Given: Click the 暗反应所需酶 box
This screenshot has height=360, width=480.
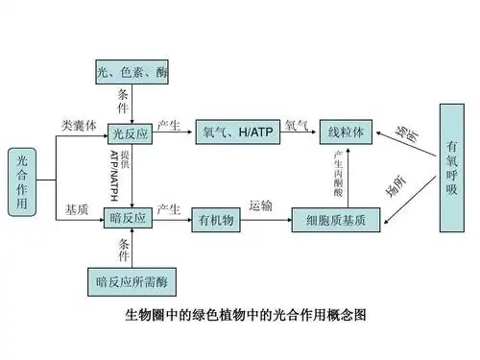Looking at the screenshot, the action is point(131,279).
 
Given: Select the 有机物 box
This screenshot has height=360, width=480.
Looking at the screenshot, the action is point(217,220).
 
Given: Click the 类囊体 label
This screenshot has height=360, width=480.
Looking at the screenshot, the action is point(78,126).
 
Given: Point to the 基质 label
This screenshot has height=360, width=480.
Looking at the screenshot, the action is point(77,208).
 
